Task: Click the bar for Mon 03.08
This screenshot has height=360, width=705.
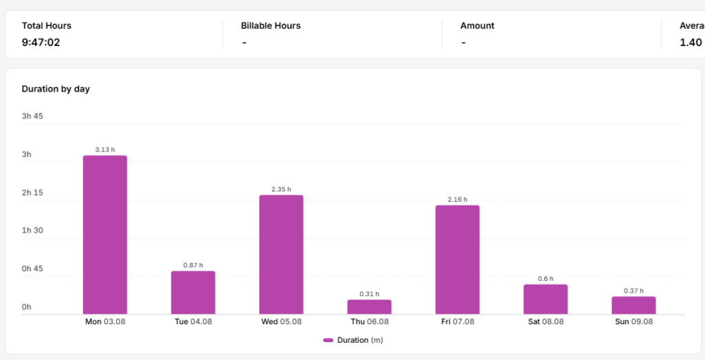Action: point(105,235)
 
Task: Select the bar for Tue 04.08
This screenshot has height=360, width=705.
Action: point(193,293)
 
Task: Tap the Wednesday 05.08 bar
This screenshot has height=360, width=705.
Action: point(281,255)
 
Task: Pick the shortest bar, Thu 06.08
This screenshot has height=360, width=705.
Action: point(369,307)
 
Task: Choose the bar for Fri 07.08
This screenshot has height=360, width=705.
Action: point(457,260)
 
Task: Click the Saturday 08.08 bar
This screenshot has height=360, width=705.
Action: point(545,299)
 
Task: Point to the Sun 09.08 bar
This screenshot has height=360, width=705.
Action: point(633,305)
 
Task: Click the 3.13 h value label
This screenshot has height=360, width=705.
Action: point(105,149)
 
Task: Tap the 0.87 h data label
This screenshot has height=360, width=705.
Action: point(193,265)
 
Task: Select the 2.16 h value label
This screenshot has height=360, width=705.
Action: point(457,200)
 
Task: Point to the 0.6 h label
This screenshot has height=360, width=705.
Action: point(545,279)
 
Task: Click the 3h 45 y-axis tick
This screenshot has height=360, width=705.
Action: point(32,116)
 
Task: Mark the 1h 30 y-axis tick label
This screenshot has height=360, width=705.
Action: point(32,231)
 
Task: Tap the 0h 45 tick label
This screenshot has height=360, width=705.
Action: point(32,268)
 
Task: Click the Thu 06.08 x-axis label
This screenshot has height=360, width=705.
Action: point(370,322)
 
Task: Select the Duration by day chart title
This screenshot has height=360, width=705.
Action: point(56,89)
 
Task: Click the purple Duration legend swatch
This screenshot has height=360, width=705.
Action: point(328,340)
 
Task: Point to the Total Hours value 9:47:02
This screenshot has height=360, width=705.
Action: point(41,43)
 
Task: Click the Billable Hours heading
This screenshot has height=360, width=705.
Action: point(271,25)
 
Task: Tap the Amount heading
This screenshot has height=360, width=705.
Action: point(477,25)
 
